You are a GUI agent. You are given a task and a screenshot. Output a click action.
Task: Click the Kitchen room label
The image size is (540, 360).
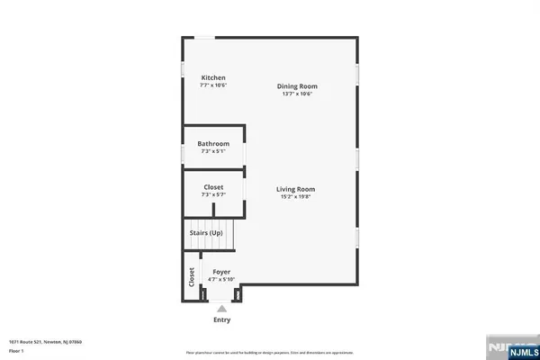click(x=213, y=78)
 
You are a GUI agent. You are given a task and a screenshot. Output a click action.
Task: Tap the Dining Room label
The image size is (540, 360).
click(x=296, y=86)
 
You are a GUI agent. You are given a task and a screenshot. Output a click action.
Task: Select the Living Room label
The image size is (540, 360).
click(x=295, y=189)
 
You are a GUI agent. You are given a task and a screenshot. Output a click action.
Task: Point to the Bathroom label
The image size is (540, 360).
click(x=214, y=144)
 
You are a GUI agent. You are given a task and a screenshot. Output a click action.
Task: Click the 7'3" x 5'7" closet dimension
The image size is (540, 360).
click(x=213, y=194)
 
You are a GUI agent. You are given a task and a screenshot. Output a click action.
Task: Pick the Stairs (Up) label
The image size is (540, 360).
click(x=205, y=233)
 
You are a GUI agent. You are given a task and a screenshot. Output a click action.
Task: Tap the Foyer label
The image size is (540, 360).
click(x=220, y=272)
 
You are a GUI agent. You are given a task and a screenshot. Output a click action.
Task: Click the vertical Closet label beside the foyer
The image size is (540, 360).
click(x=192, y=277)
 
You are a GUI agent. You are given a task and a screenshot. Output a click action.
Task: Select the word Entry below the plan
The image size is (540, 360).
click(x=221, y=319)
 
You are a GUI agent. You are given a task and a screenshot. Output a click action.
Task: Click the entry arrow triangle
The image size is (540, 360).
click(x=221, y=308)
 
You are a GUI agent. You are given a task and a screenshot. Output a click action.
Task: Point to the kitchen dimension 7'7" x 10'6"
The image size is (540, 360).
click(x=213, y=85)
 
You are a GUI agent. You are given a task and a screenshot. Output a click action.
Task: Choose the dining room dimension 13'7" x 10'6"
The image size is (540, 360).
click(x=296, y=94)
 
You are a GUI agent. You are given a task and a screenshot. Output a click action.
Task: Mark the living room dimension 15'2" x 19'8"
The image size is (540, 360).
click(x=295, y=196)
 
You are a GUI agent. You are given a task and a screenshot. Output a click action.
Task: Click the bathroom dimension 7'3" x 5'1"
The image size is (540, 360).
click(x=214, y=151)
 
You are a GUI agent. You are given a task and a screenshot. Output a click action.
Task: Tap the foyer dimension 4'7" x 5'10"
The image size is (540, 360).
click(x=220, y=279)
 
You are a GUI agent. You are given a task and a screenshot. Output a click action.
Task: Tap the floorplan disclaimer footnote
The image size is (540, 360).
click(x=270, y=352)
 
